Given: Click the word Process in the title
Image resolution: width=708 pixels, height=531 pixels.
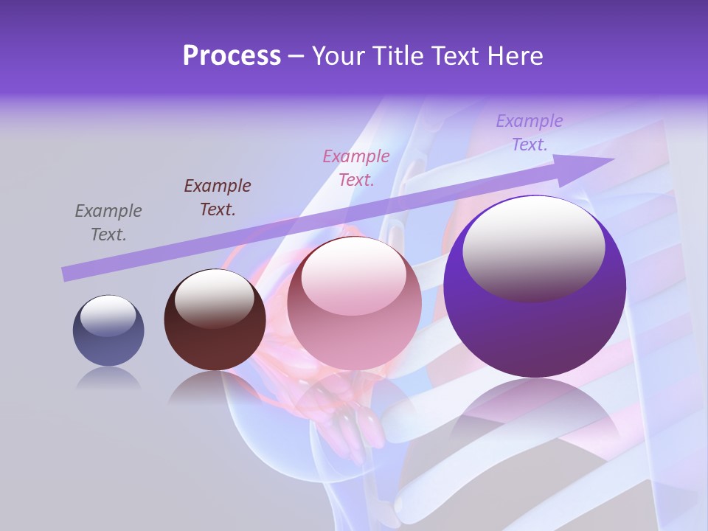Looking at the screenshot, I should click(232, 56).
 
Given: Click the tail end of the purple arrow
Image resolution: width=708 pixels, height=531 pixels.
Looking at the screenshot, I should click(66, 274).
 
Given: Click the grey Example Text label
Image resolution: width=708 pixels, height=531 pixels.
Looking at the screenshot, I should click(108, 223).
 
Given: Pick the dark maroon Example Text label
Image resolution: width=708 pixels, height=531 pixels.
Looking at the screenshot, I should click(218, 197).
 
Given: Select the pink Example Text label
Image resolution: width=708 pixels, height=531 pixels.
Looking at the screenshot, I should click(356, 167).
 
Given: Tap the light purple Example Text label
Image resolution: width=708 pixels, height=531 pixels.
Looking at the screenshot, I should click(530, 132).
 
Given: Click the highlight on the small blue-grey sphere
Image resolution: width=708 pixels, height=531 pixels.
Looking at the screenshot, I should click(108, 316).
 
